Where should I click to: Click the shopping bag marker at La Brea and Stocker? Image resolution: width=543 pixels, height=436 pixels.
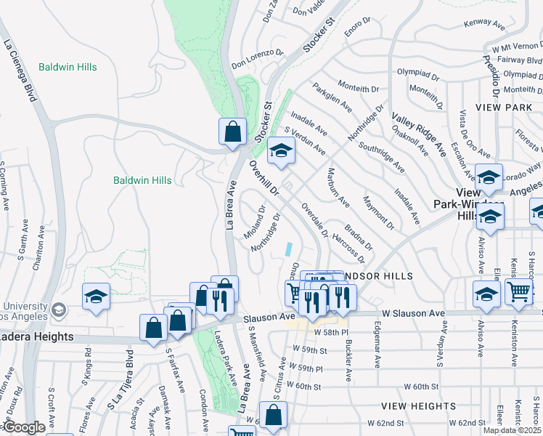(x=232, y=132)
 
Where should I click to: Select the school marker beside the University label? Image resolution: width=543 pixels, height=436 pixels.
(x=96, y=296)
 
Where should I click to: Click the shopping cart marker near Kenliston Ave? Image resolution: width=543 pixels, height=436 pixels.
(x=519, y=291)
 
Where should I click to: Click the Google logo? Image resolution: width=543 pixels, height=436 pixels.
(x=24, y=427)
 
